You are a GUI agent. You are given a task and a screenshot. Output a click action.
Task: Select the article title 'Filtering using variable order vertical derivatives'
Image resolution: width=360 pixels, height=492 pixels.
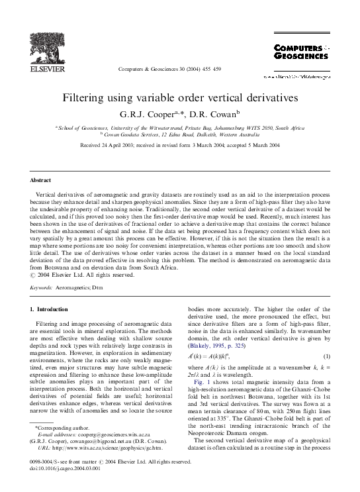coord(180,97)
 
